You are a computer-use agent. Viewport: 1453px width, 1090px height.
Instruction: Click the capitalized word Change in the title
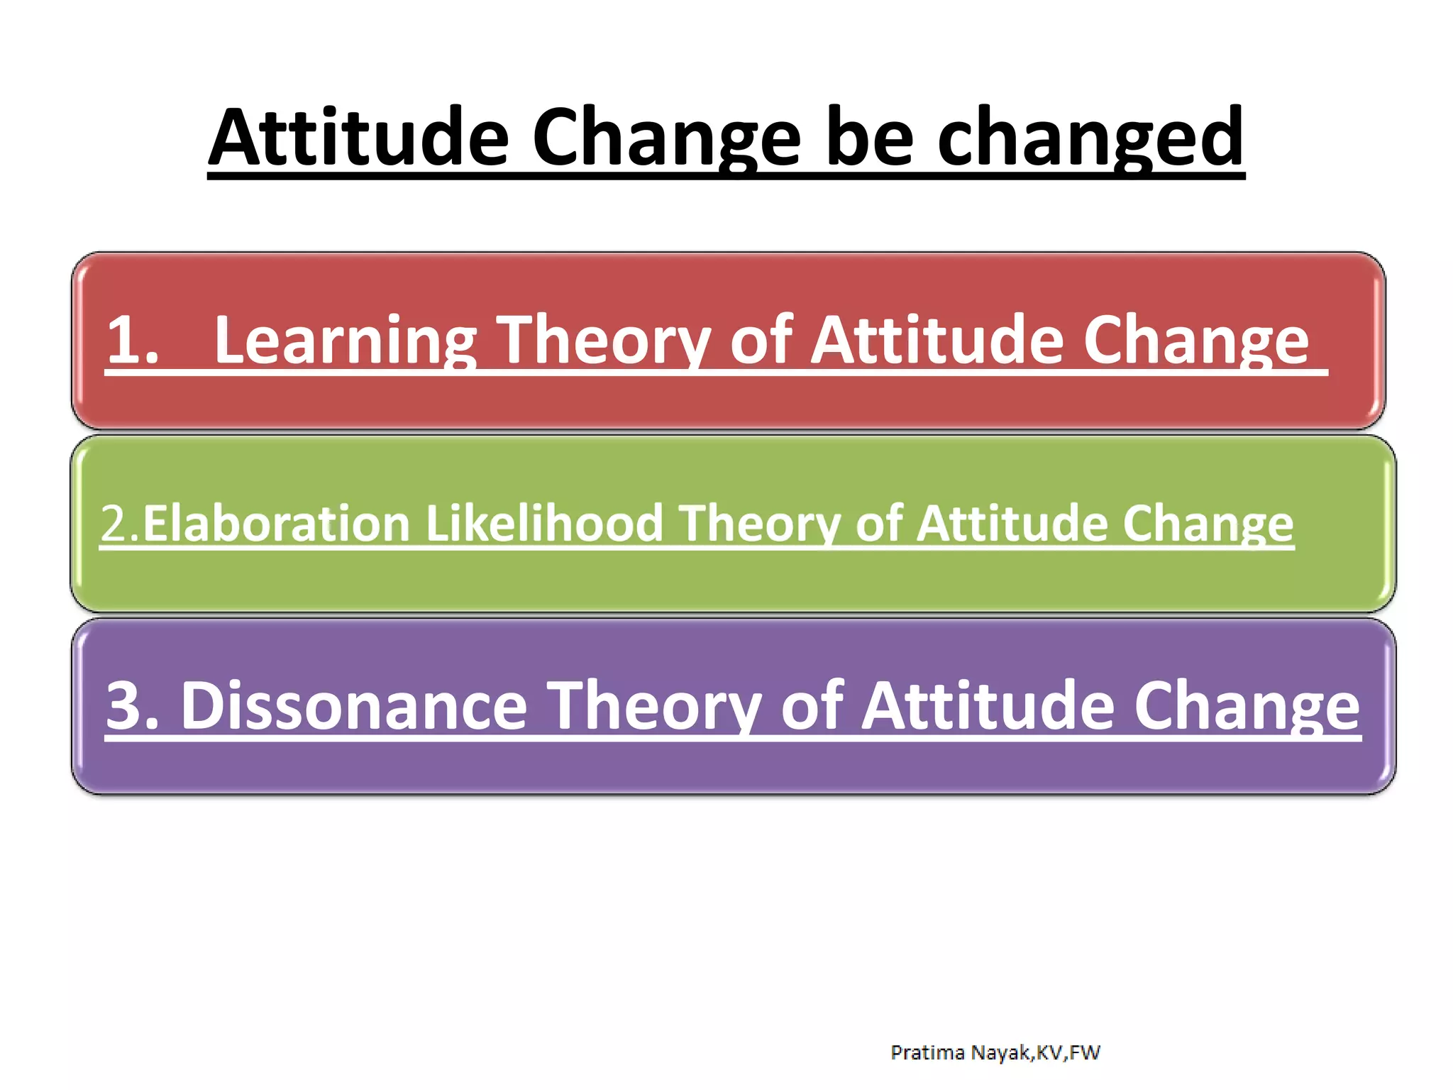[x=667, y=138]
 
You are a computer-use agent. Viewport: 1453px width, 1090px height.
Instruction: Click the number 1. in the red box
[x=133, y=340]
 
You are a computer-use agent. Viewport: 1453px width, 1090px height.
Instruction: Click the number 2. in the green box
[x=120, y=524]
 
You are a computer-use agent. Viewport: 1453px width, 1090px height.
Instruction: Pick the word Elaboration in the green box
[x=277, y=524]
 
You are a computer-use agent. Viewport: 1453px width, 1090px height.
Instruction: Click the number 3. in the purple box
[x=133, y=705]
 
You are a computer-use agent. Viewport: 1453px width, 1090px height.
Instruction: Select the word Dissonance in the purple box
[x=354, y=705]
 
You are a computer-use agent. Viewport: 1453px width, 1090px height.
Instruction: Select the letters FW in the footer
[x=1085, y=1052]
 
